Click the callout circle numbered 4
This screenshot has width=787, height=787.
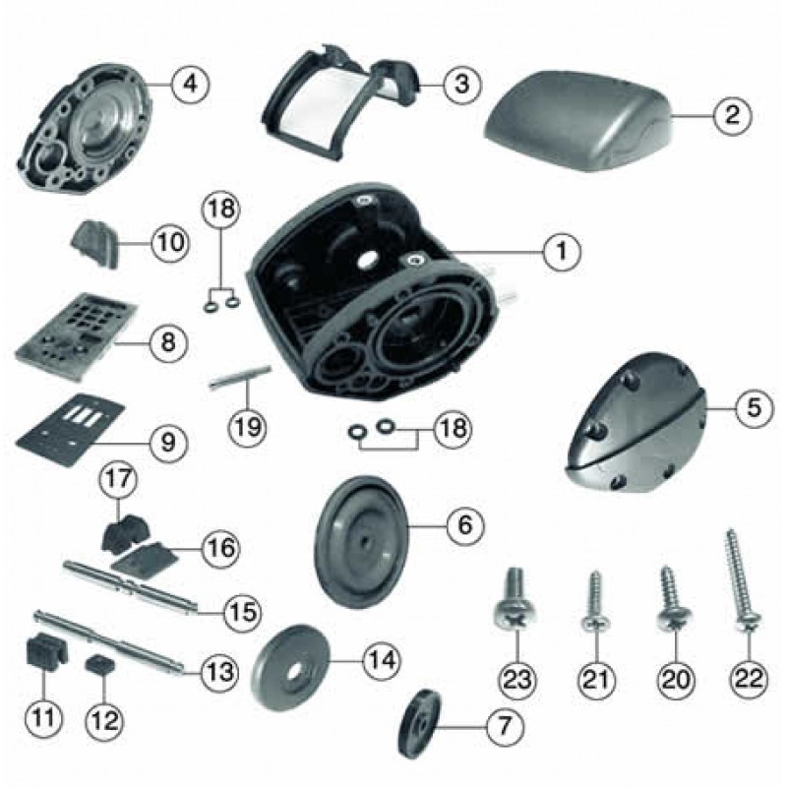click(x=190, y=84)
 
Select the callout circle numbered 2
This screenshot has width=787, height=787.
click(x=732, y=115)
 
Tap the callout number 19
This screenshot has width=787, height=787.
click(x=249, y=427)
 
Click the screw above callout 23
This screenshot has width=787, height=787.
click(x=516, y=597)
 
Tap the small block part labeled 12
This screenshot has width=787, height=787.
click(x=102, y=666)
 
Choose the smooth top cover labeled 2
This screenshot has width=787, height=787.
click(x=578, y=121)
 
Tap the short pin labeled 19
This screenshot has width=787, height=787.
click(x=241, y=378)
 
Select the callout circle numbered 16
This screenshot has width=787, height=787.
click(x=221, y=547)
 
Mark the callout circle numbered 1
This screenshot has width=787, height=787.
click(x=562, y=251)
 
